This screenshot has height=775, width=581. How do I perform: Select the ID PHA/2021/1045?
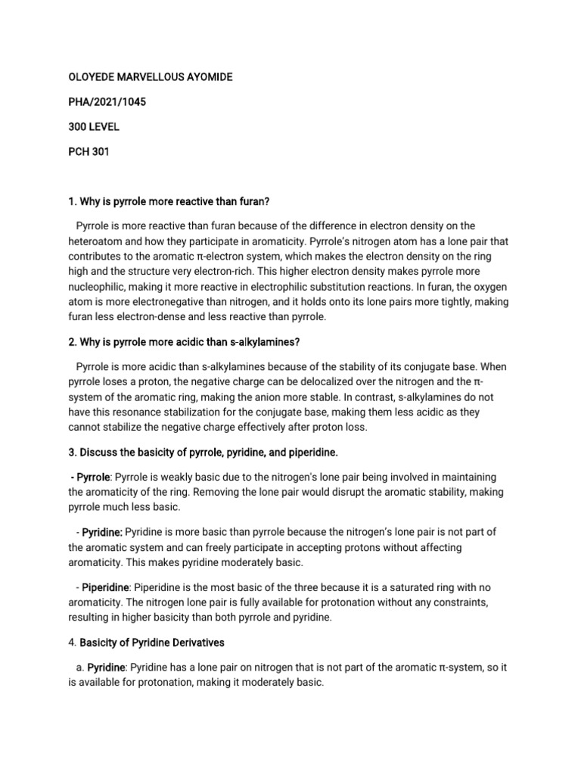click(96, 102)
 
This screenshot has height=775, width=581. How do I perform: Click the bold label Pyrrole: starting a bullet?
click(92, 477)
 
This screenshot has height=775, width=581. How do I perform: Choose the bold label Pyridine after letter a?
click(105, 667)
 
